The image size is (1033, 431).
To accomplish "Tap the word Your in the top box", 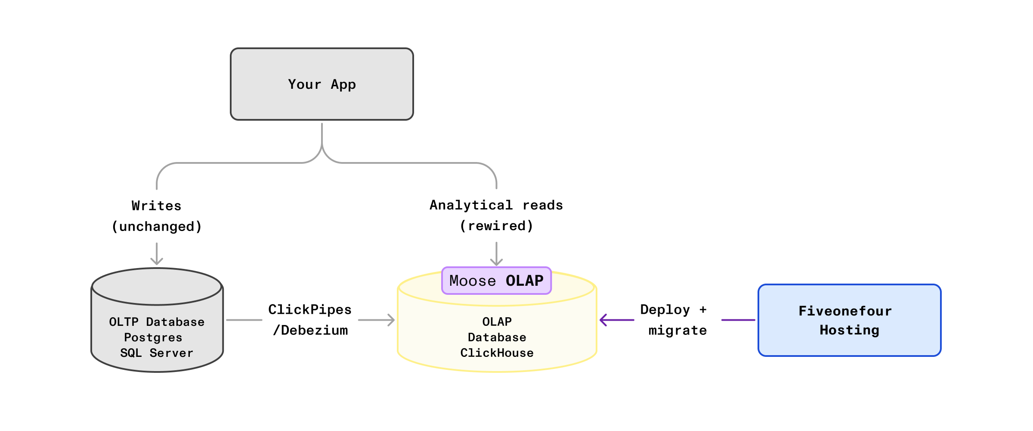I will [x=304, y=84].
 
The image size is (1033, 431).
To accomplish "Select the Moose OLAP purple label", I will [x=496, y=281].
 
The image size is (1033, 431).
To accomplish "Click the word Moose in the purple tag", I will [x=472, y=281].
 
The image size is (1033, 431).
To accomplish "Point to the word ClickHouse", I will [x=497, y=353].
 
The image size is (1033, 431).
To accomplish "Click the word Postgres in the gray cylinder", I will [x=153, y=337].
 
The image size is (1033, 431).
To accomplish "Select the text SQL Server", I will [x=157, y=353].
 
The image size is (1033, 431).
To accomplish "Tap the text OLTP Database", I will [x=157, y=322].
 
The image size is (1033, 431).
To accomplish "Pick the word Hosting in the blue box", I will [x=849, y=330].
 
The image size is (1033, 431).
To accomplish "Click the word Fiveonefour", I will [x=845, y=311].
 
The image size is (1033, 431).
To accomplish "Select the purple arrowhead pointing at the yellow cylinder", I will [x=603, y=320].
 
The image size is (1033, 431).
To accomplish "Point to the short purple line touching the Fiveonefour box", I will [x=738, y=320].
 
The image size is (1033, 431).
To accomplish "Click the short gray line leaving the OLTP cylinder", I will [x=244, y=320].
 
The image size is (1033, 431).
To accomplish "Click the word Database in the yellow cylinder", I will [x=497, y=337].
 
